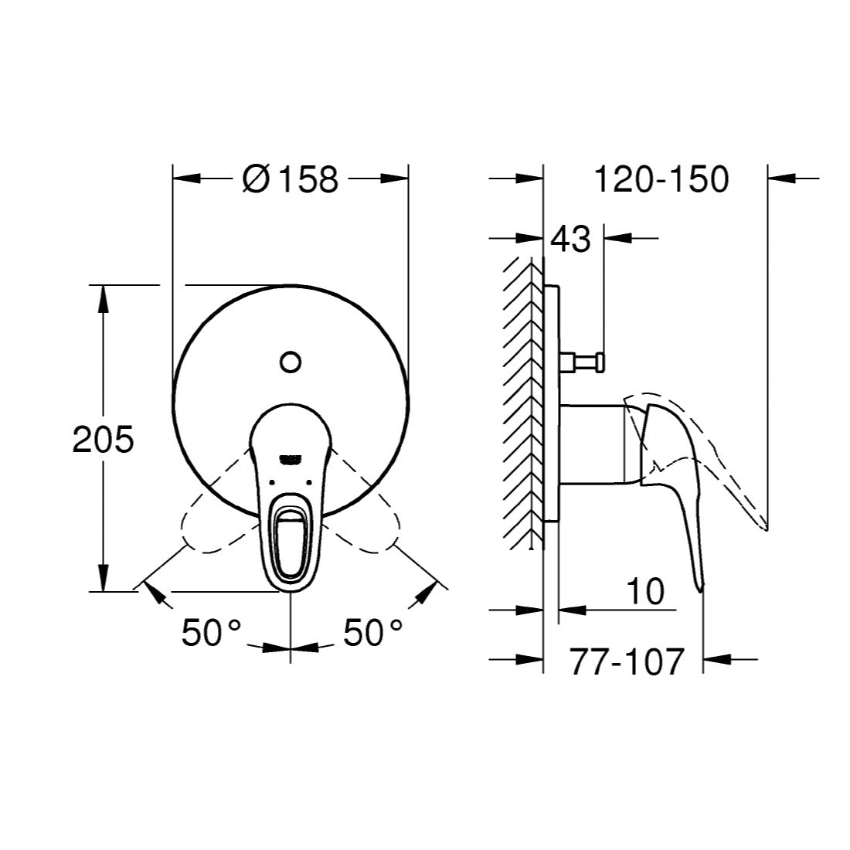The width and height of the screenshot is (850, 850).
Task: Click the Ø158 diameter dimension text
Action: (291, 179)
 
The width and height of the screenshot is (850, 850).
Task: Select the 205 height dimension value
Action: (103, 440)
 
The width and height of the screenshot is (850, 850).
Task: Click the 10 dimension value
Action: (644, 592)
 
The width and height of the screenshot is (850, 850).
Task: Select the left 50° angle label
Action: (212, 634)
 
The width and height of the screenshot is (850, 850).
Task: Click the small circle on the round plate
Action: (291, 361)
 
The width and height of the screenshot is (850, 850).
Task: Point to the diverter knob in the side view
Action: (587, 359)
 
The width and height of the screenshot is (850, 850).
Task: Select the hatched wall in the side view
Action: (521, 402)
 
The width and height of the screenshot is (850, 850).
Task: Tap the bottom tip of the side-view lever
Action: (700, 589)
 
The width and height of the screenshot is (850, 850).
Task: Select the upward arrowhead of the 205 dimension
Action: (102, 297)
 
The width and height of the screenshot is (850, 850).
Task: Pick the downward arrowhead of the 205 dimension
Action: (102, 580)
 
